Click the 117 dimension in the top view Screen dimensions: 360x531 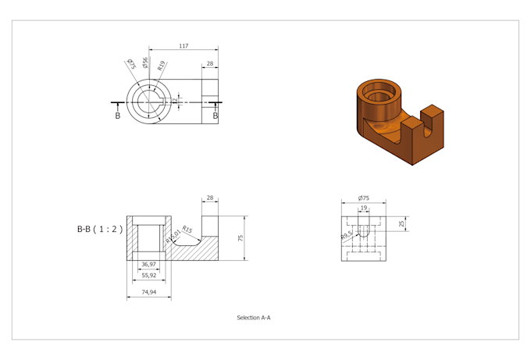coord(183,46)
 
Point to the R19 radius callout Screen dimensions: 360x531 coord(161,66)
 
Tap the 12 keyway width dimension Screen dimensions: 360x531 coord(176,101)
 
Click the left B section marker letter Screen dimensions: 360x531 coord(118,116)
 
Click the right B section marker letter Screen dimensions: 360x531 coord(216,116)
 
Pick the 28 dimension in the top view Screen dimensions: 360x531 coord(210,64)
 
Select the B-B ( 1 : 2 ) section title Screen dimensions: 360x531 coord(100,230)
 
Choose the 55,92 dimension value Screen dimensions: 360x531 coord(148,276)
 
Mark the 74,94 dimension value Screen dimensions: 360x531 coord(148,292)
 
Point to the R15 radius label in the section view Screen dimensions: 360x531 coord(187,230)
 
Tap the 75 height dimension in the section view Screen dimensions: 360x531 coord(241,237)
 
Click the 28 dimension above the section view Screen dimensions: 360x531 coord(210,198)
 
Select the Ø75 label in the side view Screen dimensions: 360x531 coord(363,198)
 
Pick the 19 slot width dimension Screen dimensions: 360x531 coord(364,209)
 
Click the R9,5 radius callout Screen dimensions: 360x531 coord(347,233)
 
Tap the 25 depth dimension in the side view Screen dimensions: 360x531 coord(401,224)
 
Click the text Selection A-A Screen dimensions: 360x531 coord(254,318)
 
